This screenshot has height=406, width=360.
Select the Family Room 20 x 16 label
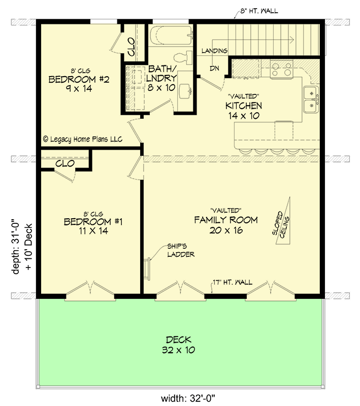pyautogui.click(x=226, y=225)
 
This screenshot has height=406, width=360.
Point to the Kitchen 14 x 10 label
pyautogui.click(x=244, y=110)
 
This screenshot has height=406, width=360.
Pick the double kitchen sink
pyautogui.click(x=310, y=99)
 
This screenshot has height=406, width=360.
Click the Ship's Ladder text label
pyautogui.click(x=181, y=250)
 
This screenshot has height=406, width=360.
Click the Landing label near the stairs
pyautogui.click(x=214, y=51)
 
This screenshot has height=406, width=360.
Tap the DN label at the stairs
pyautogui.click(x=215, y=69)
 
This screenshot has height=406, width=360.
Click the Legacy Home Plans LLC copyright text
pyautogui.click(x=83, y=139)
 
